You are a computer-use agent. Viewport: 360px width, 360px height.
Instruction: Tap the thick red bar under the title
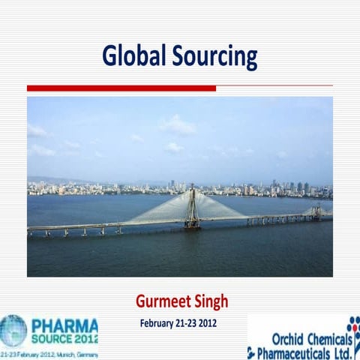point(120,88)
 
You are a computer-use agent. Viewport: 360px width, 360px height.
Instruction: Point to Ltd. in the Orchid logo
point(341,352)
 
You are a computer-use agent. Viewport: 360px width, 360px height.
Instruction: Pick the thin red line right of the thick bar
point(274,88)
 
